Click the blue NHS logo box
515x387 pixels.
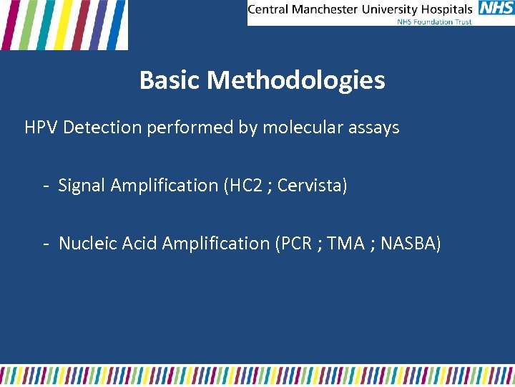coord(495,9)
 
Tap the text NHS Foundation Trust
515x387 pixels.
coord(435,21)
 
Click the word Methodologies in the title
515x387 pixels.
coord(296,80)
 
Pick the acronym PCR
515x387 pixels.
coord(296,244)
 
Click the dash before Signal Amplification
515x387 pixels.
coord(45,186)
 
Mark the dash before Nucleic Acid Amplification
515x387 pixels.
coord(45,244)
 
